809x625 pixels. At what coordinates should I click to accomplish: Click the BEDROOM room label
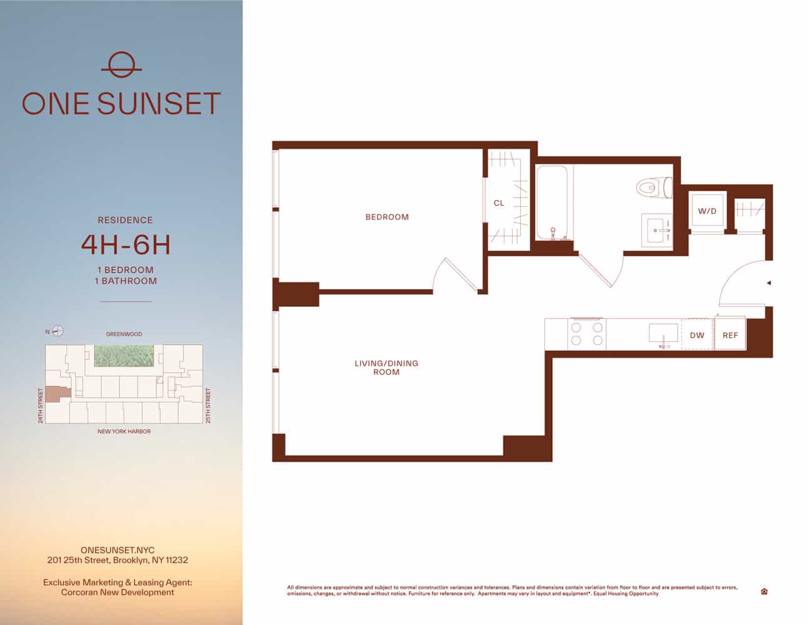pyautogui.click(x=387, y=217)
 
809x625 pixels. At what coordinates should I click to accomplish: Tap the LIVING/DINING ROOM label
pyautogui.click(x=386, y=367)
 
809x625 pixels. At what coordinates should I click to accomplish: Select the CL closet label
pyautogui.click(x=499, y=203)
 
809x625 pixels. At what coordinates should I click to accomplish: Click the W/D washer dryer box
pyautogui.click(x=707, y=212)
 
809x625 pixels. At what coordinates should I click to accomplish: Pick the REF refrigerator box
pyautogui.click(x=730, y=335)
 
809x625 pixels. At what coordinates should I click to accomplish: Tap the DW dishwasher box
pyautogui.click(x=697, y=335)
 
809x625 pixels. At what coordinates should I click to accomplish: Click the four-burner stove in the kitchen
pyautogui.click(x=587, y=334)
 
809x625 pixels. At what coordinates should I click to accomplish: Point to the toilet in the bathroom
pyautogui.click(x=653, y=187)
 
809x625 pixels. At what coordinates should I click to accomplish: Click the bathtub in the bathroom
pyautogui.click(x=551, y=202)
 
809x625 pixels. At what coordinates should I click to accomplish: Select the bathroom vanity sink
pyautogui.click(x=658, y=230)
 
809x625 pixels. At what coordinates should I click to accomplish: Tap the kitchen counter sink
pyautogui.click(x=663, y=332)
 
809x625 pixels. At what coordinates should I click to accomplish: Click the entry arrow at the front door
pyautogui.click(x=768, y=283)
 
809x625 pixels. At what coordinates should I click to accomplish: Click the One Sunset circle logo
pyautogui.click(x=121, y=64)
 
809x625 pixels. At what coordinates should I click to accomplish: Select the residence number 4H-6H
pyautogui.click(x=126, y=245)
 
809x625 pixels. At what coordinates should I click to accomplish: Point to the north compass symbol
pyautogui.click(x=58, y=331)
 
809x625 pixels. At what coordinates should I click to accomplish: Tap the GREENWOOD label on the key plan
pyautogui.click(x=124, y=334)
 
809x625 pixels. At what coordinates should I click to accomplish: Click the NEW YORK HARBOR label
pyautogui.click(x=124, y=431)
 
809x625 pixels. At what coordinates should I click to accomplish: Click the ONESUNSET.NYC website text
pyautogui.click(x=118, y=550)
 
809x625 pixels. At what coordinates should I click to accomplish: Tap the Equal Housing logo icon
pyautogui.click(x=764, y=591)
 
